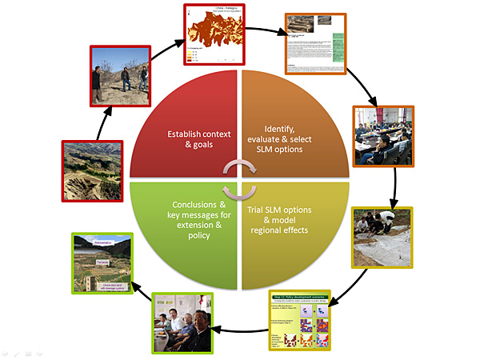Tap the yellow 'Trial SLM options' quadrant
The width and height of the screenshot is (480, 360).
pos(296,232)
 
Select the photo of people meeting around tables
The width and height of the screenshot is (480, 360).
pos(382,134)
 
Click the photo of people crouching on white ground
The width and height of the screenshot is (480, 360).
pos(382,236)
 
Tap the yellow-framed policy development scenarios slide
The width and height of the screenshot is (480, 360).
pos(299,319)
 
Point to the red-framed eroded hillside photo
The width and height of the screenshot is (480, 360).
pos(92,170)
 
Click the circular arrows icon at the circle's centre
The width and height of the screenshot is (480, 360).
pos(240,179)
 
